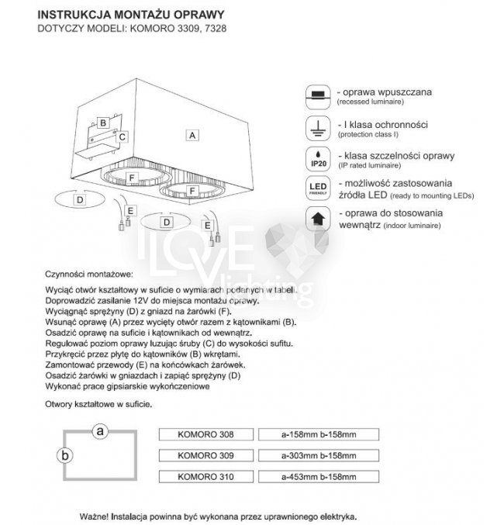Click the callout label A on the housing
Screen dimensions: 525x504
(191, 134)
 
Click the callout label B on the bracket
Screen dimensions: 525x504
(102, 123)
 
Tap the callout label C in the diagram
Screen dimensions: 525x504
(122, 136)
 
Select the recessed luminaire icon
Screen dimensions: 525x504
(316, 95)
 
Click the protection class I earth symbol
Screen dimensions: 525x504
(316, 127)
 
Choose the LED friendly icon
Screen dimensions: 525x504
(316, 188)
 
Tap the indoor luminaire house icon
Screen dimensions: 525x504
(316, 218)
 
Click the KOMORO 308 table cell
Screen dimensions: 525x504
(205, 434)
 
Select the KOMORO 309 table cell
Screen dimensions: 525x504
(205, 455)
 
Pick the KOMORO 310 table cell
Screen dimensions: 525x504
(205, 476)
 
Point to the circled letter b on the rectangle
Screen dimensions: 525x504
(66, 455)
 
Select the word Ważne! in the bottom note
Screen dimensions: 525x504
(95, 516)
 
